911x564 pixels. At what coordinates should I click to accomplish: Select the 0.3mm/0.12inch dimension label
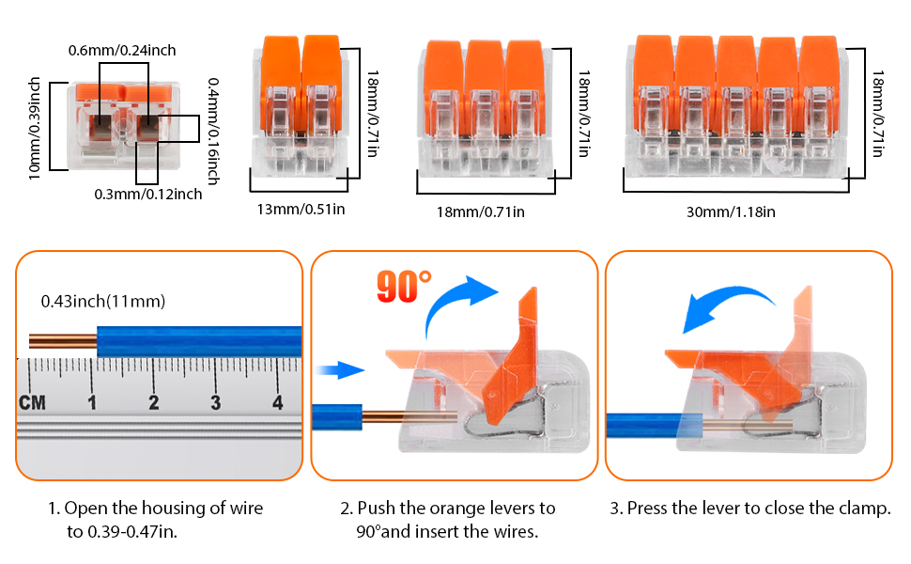click(x=147, y=195)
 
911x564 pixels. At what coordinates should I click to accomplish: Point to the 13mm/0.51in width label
click(x=301, y=209)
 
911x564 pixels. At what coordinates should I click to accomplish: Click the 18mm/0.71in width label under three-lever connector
click(x=482, y=212)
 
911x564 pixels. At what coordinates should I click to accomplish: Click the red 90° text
click(x=404, y=287)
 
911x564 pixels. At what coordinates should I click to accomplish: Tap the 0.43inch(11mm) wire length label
click(x=103, y=302)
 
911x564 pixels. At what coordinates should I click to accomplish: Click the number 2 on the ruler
click(x=153, y=402)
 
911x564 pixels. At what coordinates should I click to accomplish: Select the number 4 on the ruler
click(x=278, y=402)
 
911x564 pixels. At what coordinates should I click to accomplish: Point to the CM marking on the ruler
click(x=32, y=403)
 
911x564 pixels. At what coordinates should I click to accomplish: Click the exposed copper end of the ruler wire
click(x=62, y=340)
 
